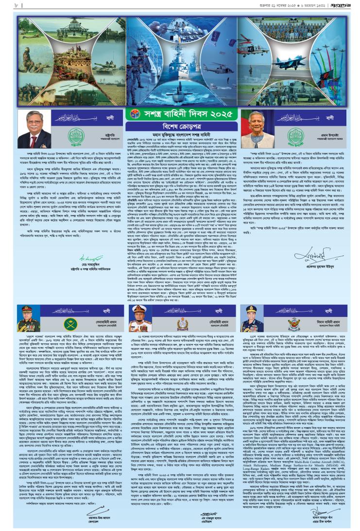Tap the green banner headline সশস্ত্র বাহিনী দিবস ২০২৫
coord(180,120)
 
